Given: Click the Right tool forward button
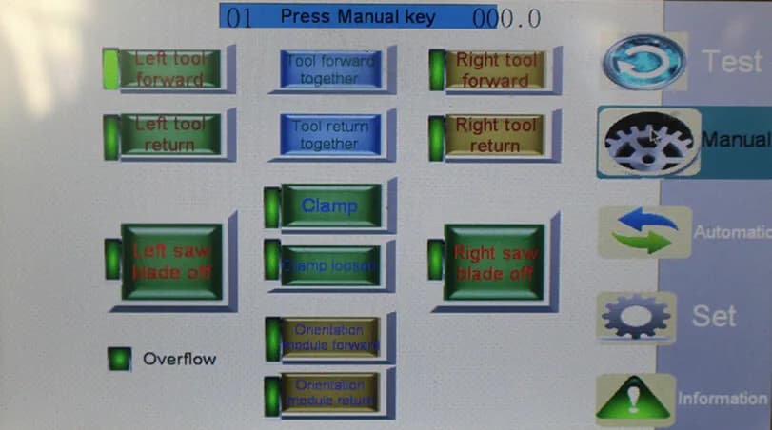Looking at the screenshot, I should pos(495,69).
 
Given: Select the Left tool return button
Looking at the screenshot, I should pos(170,134).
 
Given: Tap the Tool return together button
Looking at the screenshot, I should pos(329,134).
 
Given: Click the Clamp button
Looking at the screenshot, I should pos(330,205).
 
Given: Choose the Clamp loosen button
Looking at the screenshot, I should pos(330,265).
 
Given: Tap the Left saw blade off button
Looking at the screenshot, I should pos(172,262).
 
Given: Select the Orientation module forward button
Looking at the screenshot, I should pos(330,337).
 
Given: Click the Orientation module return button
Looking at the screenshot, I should pos(330,393).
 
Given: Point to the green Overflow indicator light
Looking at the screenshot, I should pos(119,359).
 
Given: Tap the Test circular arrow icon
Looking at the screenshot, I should pos(644,62).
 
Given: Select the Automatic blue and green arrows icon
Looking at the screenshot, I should pos(644,232).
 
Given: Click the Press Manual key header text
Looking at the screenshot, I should pos(358,16).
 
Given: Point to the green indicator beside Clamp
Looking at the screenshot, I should pos(272,206).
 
